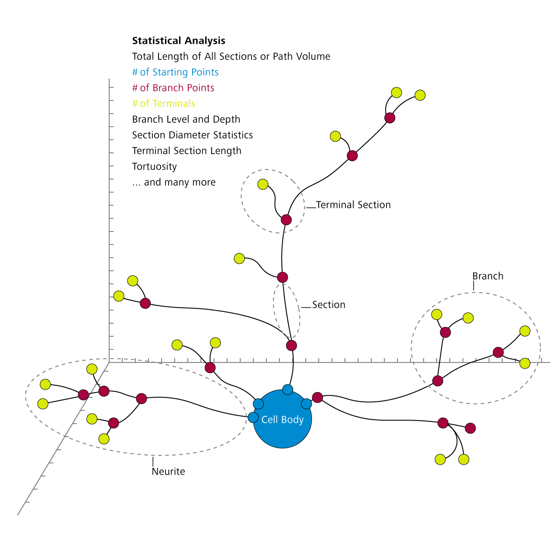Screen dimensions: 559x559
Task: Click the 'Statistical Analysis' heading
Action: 179,41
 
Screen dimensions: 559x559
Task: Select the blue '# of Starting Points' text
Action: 175,72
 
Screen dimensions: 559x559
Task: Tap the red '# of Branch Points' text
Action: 173,88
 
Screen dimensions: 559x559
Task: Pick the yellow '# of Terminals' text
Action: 163,104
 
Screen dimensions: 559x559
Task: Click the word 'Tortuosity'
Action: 154,167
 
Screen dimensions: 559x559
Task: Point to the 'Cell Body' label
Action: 282,420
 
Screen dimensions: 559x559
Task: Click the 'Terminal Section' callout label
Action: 353,205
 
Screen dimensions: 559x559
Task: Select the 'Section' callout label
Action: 328,305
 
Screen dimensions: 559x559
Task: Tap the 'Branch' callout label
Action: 487,276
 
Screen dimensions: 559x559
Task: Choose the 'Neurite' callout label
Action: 168,472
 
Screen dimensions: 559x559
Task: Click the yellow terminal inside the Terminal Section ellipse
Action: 263,184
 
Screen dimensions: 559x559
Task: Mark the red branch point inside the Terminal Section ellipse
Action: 286,220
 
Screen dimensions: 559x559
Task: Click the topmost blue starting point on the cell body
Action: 287,390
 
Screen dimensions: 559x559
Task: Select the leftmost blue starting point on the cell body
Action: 253,418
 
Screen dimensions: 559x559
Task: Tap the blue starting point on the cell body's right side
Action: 307,404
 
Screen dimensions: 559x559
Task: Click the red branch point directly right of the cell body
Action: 317,397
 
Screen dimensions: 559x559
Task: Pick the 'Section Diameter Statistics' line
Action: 192,135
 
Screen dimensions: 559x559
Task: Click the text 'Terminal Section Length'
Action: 186,151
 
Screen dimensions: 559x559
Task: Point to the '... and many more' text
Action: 174,183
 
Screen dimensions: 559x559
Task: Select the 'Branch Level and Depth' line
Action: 186,120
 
